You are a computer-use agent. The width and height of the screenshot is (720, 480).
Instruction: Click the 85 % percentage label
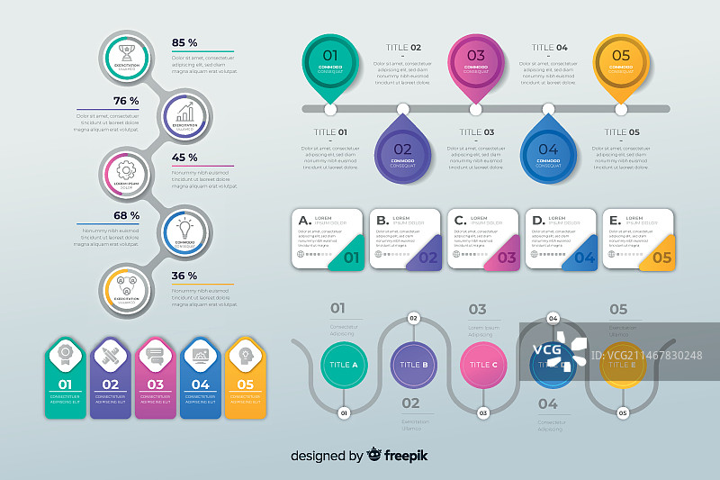(184, 43)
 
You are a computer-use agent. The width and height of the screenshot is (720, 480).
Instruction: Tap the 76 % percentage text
(126, 101)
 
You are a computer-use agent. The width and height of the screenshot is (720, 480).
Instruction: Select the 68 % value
(126, 216)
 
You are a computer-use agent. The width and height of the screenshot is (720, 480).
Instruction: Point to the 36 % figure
(184, 276)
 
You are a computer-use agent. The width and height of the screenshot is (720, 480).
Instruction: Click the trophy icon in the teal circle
(127, 47)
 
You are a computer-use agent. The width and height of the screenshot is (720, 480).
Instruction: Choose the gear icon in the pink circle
(126, 169)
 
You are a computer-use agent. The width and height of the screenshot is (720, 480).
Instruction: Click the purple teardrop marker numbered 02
(402, 151)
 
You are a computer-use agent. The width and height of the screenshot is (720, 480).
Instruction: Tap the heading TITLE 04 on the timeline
(549, 48)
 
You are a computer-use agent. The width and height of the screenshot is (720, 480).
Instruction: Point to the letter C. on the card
(460, 220)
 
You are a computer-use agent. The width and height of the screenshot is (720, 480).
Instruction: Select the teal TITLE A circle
(343, 365)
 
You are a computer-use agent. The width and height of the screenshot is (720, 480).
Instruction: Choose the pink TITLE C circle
(483, 365)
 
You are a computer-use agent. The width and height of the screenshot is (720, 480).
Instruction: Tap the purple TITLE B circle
(413, 365)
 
